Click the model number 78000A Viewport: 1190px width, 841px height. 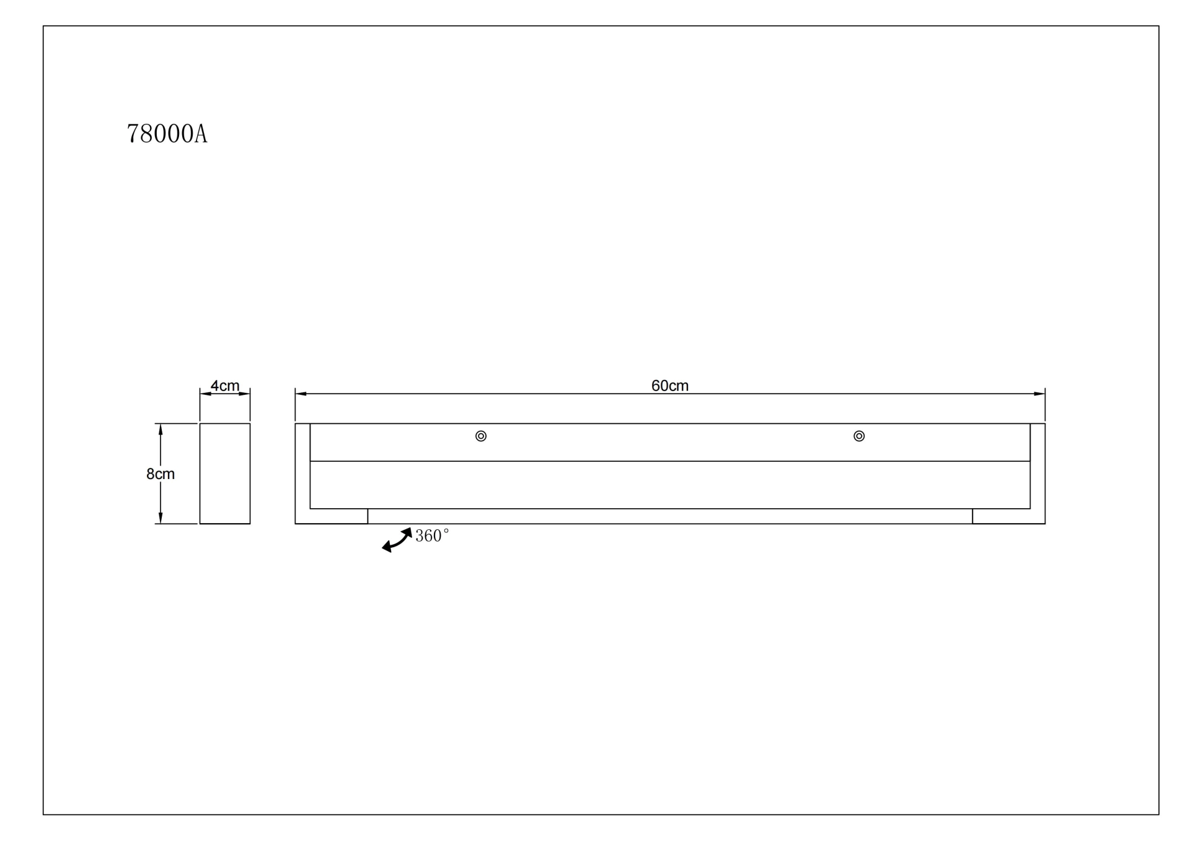tap(167, 134)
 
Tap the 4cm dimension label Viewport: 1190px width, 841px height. tap(225, 385)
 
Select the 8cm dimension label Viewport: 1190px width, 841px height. tap(161, 474)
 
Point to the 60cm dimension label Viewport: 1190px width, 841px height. tap(670, 385)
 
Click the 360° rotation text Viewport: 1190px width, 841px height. tap(432, 535)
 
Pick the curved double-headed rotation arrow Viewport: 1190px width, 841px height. tap(397, 540)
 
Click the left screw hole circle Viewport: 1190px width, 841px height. tap(481, 436)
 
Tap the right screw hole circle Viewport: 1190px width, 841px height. tap(859, 436)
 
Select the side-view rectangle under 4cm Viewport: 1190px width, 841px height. tap(225, 473)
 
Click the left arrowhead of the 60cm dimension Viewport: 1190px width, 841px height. tap(301, 394)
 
